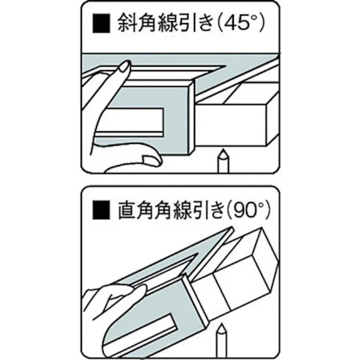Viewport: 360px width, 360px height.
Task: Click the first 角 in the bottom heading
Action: point(147,210)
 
